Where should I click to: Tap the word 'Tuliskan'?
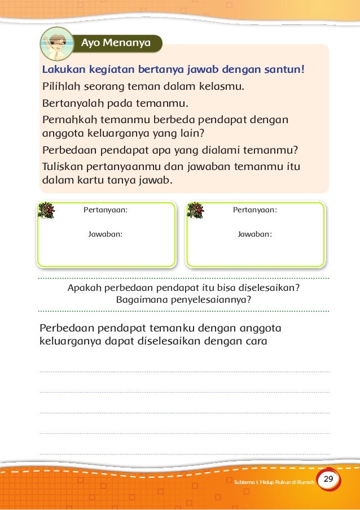tap(63, 167)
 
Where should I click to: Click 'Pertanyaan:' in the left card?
tap(106, 210)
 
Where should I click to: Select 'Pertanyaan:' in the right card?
tap(255, 210)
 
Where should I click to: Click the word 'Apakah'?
tap(83, 287)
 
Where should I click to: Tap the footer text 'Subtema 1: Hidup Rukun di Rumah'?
tap(273, 481)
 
